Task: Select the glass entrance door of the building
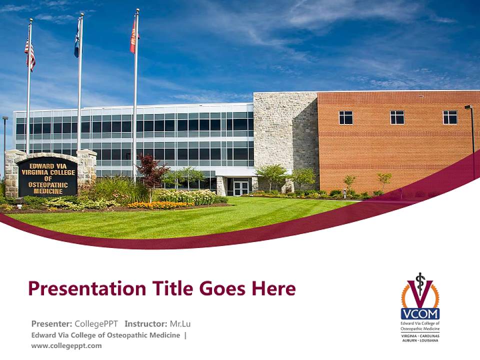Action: coord(241,187)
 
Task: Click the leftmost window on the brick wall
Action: coord(345,117)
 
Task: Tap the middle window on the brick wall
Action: coord(397,117)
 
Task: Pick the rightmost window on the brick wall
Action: coord(449,117)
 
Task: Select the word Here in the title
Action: coord(273,288)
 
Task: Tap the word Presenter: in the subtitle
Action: coord(51,324)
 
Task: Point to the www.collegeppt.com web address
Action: coord(66,345)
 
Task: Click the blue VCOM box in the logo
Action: coord(420,314)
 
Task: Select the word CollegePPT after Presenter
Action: coord(96,324)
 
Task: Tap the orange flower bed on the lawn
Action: coord(153,204)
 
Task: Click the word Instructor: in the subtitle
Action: coord(145,324)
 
